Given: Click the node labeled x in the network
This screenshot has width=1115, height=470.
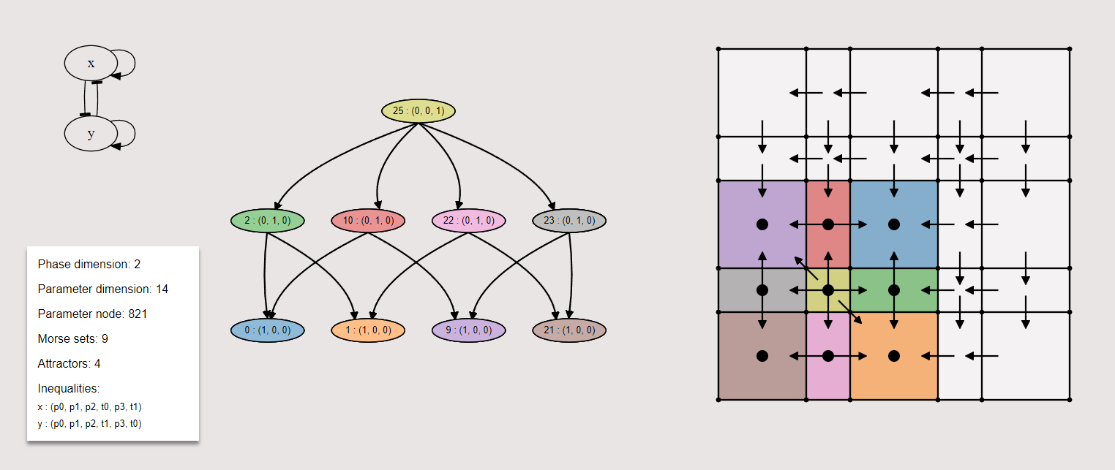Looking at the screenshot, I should [91, 63].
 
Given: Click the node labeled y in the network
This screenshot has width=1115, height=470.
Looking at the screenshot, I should [91, 134].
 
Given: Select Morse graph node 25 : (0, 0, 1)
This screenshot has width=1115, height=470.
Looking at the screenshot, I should [418, 111].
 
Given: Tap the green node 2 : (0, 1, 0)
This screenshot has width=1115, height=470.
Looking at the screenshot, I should [267, 220].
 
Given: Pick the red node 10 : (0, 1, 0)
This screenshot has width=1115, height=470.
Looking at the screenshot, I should [368, 220].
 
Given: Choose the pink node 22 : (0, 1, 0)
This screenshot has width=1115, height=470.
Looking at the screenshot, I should [469, 220].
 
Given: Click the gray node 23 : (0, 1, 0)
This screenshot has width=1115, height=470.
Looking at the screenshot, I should [569, 220].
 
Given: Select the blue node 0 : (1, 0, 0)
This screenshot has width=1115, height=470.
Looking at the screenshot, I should [267, 330].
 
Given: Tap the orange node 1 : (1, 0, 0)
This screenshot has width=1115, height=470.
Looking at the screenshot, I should [368, 330].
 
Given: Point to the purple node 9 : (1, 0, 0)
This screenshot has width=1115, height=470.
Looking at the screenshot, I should [469, 330].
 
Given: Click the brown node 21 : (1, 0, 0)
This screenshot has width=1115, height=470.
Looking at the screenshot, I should [569, 330].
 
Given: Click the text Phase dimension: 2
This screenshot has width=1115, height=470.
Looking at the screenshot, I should [89, 264].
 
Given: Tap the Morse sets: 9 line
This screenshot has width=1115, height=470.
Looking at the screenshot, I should [73, 338].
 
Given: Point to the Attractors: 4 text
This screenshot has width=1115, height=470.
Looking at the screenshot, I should [69, 363].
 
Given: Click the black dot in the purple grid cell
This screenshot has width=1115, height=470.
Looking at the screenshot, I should [762, 224].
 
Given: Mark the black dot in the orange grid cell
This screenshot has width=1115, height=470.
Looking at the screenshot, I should [893, 356].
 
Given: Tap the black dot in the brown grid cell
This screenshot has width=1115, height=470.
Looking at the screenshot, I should [762, 356].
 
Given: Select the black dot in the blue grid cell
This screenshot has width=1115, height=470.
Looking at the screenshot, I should [893, 224].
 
